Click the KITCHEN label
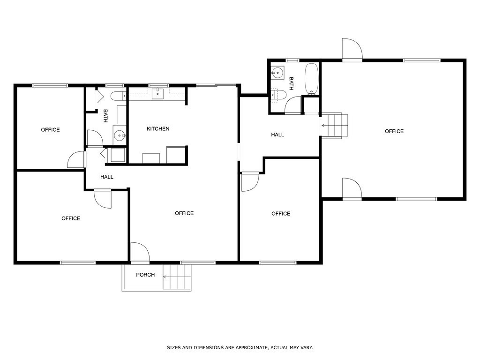158,129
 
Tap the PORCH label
145,275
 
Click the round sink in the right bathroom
277,73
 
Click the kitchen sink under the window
157,94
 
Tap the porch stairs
177,277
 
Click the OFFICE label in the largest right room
394,131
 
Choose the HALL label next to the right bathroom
277,135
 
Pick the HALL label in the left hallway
107,177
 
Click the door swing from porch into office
139,252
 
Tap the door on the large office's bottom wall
352,188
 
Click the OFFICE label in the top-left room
50,130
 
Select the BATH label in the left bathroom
105,116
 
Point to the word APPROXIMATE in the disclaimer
248,348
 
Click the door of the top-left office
76,160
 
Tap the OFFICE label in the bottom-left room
71,218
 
